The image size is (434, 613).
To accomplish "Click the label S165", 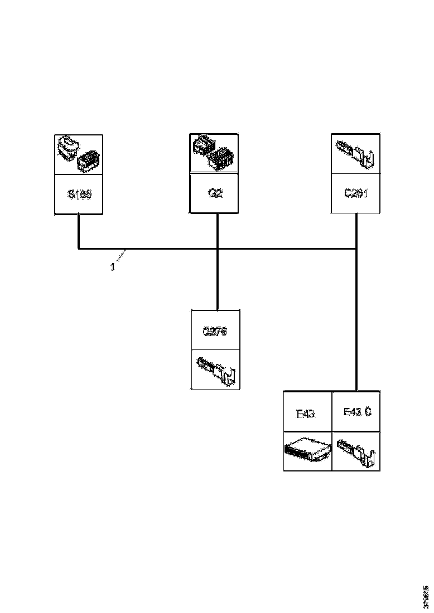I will click(x=79, y=195).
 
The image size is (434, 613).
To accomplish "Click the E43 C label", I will click(x=357, y=412).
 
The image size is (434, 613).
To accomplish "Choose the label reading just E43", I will click(x=307, y=413).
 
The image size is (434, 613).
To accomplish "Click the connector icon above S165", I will click(x=78, y=154).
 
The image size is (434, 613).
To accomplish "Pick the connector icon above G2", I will click(x=214, y=153).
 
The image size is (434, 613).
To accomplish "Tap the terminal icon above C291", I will click(x=355, y=153).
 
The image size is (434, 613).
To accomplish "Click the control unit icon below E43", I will click(x=307, y=451).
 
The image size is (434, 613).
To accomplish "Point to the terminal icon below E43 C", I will click(x=357, y=451).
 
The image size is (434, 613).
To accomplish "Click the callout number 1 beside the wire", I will click(x=112, y=267).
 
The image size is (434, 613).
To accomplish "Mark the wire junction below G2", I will click(x=217, y=249).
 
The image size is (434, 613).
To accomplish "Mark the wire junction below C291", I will click(x=355, y=249).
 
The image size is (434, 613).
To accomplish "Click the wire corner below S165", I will click(x=79, y=249).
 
